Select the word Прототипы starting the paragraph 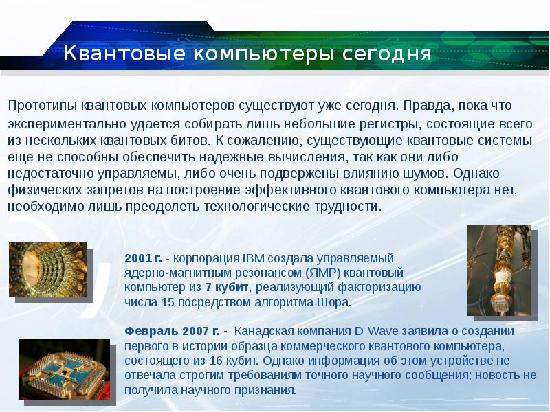pyautogui.click(x=43, y=106)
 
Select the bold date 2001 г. pyautogui.click(x=143, y=258)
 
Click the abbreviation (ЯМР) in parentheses pyautogui.click(x=322, y=273)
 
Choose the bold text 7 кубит pyautogui.click(x=227, y=287)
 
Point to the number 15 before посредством pyautogui.click(x=168, y=302)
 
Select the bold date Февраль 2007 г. pyautogui.click(x=172, y=331)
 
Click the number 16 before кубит pyautogui.click(x=216, y=360)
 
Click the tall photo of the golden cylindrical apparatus pyautogui.click(x=499, y=270)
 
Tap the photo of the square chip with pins pyautogui.click(x=64, y=369)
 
